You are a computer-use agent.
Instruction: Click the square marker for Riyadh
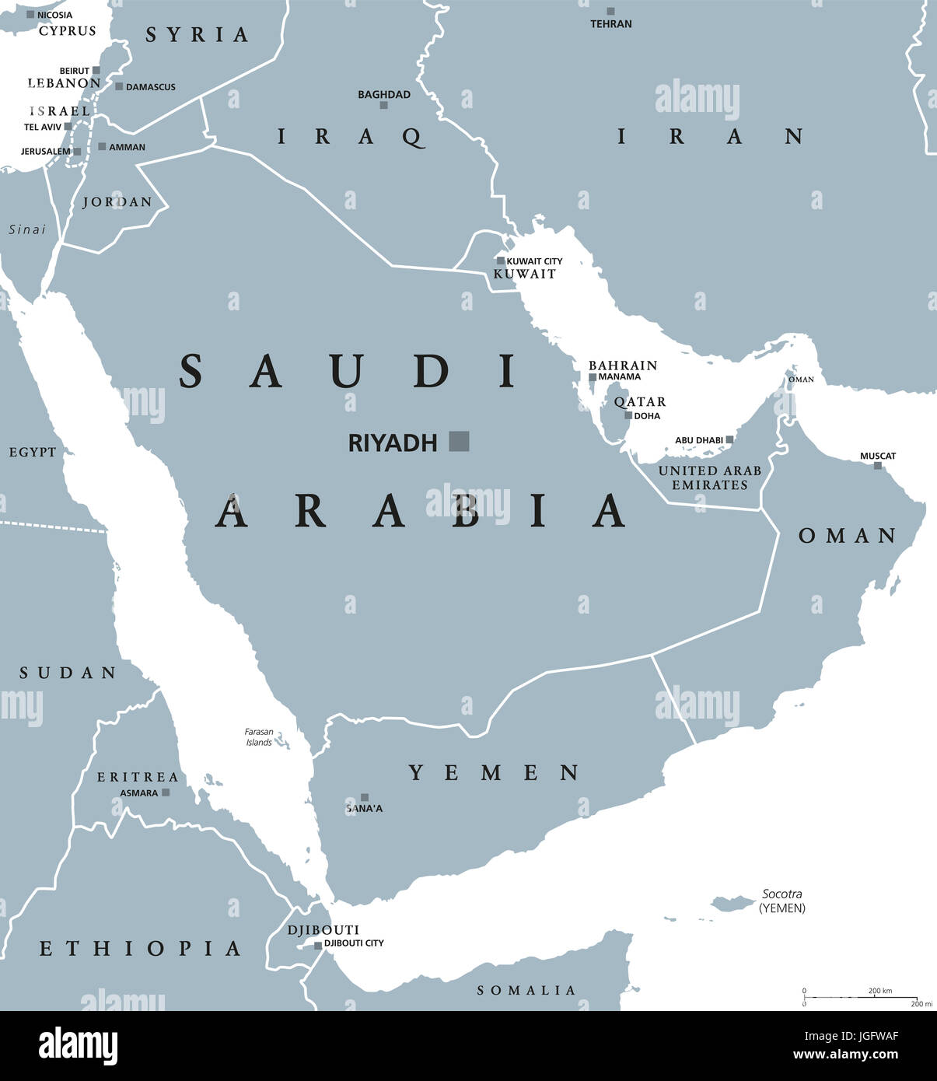(x=460, y=442)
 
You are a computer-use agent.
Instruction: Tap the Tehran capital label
(x=611, y=24)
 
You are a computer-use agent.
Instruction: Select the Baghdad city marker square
(x=383, y=105)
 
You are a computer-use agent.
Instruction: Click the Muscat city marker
(x=878, y=466)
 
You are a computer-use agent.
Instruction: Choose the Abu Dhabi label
(x=698, y=440)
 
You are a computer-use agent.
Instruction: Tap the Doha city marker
(x=628, y=415)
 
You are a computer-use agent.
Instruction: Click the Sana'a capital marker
(x=365, y=797)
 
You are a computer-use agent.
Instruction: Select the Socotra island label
(x=782, y=894)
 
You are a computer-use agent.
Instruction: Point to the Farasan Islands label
(x=259, y=737)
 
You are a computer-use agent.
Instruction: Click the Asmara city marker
(x=166, y=792)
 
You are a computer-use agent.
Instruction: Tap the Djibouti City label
(x=354, y=943)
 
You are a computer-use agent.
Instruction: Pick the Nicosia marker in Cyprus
(x=31, y=15)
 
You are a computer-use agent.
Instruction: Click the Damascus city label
(x=150, y=87)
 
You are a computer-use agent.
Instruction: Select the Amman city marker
(x=102, y=146)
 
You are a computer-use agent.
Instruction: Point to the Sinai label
(x=27, y=229)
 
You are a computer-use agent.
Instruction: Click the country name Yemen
(x=495, y=772)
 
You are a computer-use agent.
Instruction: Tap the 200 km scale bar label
(x=880, y=991)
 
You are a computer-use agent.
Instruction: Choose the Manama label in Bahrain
(x=620, y=377)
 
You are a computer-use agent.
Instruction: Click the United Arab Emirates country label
(x=710, y=478)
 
